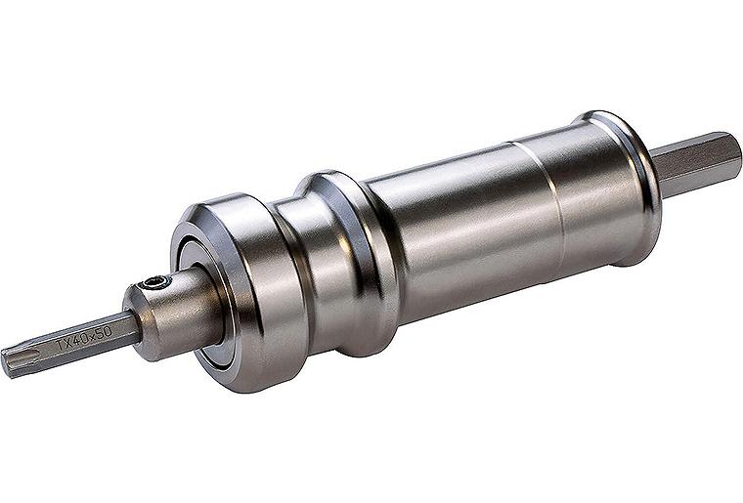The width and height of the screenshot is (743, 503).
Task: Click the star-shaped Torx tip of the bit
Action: [x=12, y=362]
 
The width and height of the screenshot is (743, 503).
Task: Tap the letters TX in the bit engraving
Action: [x=65, y=345]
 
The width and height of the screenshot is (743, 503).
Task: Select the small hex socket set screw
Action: [x=153, y=283]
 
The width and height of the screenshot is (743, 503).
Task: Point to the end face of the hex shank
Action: [x=735, y=156]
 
